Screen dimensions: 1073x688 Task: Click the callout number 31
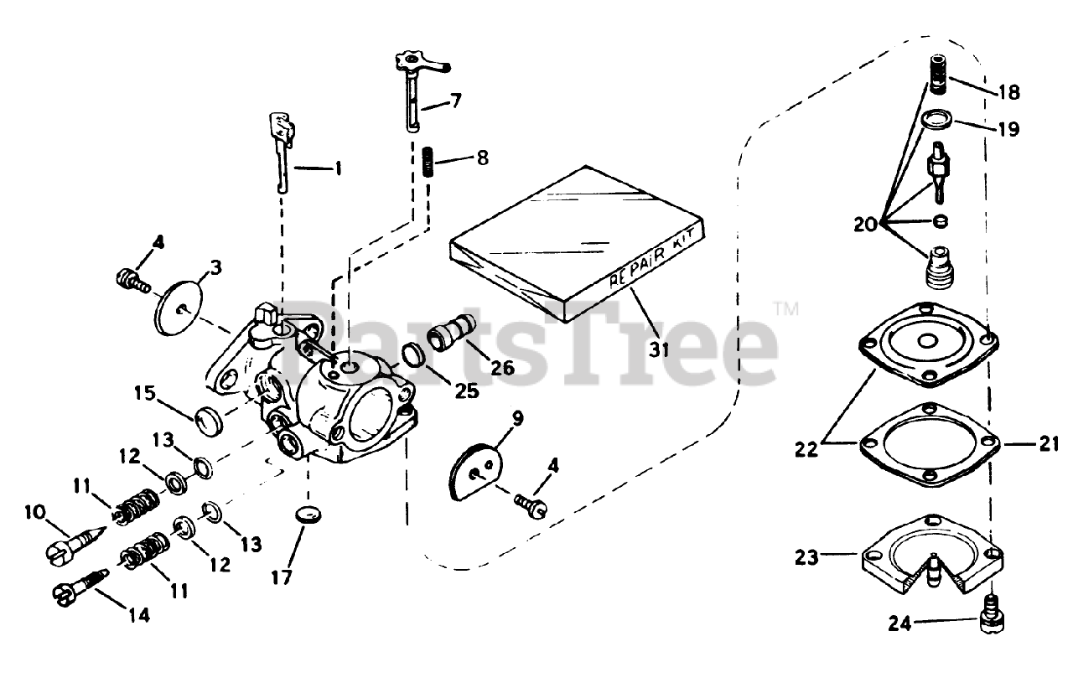(660, 349)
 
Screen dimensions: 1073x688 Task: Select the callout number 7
(455, 102)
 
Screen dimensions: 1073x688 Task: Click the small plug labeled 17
(309, 514)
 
